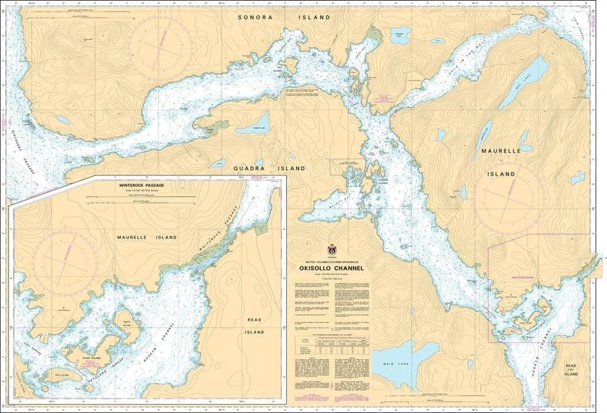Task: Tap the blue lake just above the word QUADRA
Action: click(258, 122)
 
